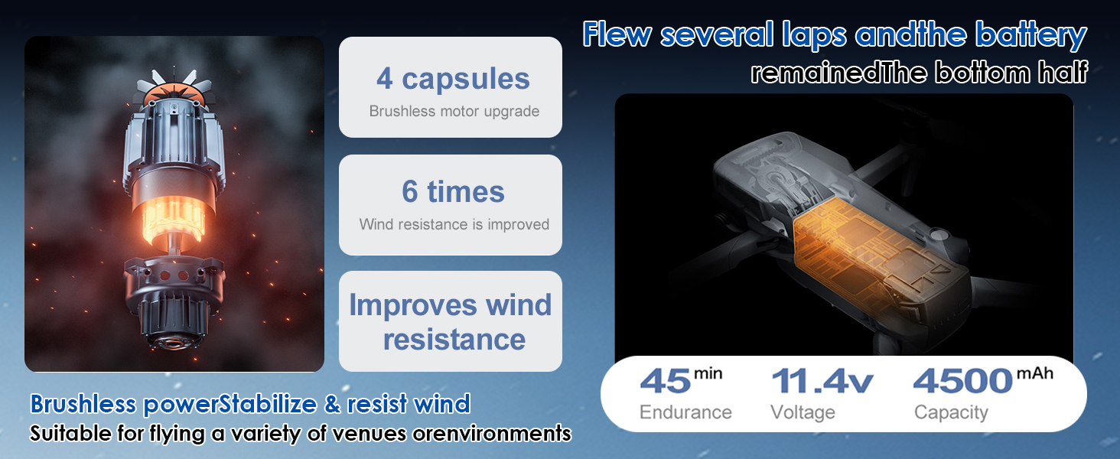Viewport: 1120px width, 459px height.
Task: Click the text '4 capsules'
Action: tap(453, 79)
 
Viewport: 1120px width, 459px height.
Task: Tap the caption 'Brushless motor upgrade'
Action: tap(454, 111)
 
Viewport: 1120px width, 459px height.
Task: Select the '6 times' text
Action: tap(453, 191)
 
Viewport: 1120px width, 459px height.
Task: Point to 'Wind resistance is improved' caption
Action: tap(454, 224)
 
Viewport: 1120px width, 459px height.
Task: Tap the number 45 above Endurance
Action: tap(666, 382)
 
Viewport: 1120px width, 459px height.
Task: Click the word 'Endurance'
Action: tap(685, 412)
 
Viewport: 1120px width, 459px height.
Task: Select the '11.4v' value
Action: tap(822, 382)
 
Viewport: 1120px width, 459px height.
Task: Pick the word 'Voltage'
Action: tap(803, 412)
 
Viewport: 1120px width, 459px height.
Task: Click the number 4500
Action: tap(963, 382)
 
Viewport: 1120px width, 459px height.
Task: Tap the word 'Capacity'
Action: tap(951, 413)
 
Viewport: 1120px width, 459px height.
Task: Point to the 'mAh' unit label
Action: tap(1035, 373)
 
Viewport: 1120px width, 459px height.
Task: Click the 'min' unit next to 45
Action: tap(708, 373)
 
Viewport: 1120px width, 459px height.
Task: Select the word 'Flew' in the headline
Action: tap(617, 35)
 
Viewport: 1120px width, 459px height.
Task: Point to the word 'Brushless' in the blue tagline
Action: tap(83, 404)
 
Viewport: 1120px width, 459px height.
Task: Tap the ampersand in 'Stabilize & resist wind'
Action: tap(332, 404)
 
